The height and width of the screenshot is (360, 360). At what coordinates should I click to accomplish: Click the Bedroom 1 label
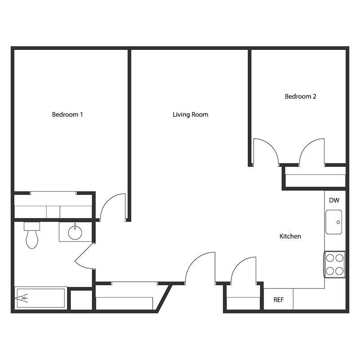(67, 114)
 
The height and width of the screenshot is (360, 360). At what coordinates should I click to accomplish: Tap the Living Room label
(190, 114)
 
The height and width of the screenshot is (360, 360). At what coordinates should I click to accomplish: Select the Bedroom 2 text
(301, 96)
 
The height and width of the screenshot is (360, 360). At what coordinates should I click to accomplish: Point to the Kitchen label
(290, 236)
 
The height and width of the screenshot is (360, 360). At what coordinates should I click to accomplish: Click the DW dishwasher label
(333, 200)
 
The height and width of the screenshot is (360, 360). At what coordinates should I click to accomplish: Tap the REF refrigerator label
(279, 300)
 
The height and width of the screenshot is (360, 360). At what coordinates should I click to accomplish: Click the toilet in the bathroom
(31, 236)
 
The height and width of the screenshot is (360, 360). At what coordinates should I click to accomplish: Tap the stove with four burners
(334, 264)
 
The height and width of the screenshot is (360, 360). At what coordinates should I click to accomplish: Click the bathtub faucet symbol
(22, 298)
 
